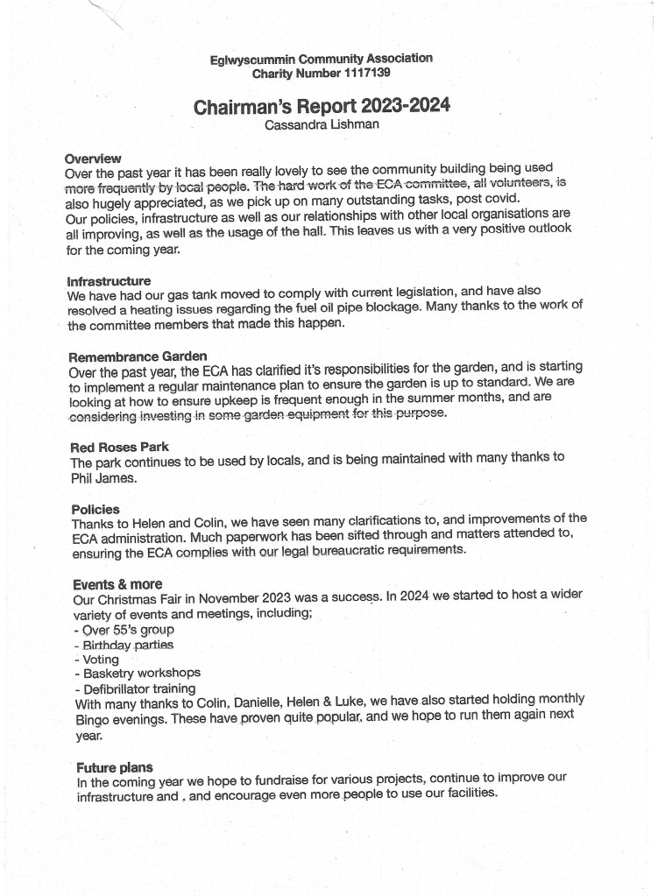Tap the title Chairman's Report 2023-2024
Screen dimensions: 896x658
[x=322, y=107]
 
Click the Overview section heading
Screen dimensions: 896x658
[x=93, y=159]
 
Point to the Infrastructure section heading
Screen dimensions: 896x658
[x=109, y=281]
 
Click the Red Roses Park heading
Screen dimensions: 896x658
[x=119, y=448]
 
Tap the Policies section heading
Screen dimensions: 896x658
[x=96, y=509]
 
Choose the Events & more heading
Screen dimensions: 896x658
[x=117, y=584]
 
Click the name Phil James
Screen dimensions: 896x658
[x=103, y=478]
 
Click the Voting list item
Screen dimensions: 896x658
[x=101, y=659]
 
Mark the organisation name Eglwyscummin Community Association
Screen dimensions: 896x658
[x=321, y=60]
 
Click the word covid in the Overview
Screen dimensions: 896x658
[x=501, y=198]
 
